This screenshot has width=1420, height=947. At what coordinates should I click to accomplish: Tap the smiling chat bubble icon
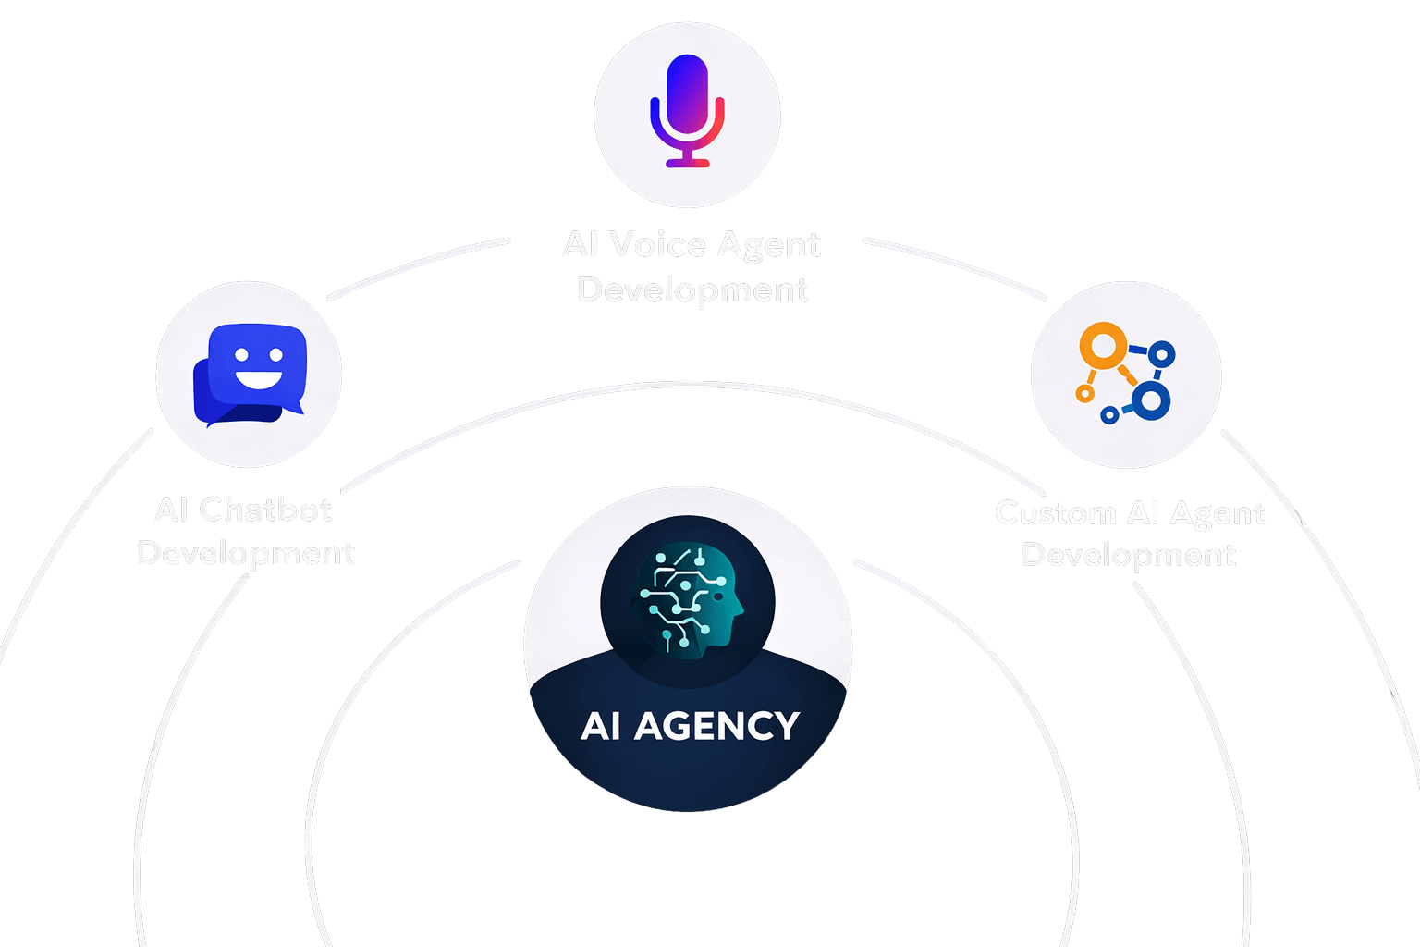(249, 373)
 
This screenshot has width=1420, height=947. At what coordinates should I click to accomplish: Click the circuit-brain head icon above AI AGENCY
(688, 601)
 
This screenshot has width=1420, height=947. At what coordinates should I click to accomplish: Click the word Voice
(658, 245)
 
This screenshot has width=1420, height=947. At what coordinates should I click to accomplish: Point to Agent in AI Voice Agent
(768, 245)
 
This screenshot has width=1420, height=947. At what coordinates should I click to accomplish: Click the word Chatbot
(265, 510)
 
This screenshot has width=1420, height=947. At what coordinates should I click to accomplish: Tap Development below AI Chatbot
(246, 553)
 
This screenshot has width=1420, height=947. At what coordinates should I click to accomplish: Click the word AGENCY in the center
(716, 726)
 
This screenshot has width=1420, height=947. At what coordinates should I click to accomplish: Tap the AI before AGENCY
(600, 726)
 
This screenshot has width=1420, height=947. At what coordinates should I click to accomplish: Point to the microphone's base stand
(688, 162)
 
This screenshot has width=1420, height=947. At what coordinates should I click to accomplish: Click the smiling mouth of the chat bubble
(259, 378)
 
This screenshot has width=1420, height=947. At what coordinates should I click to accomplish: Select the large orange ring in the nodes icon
(1104, 347)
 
